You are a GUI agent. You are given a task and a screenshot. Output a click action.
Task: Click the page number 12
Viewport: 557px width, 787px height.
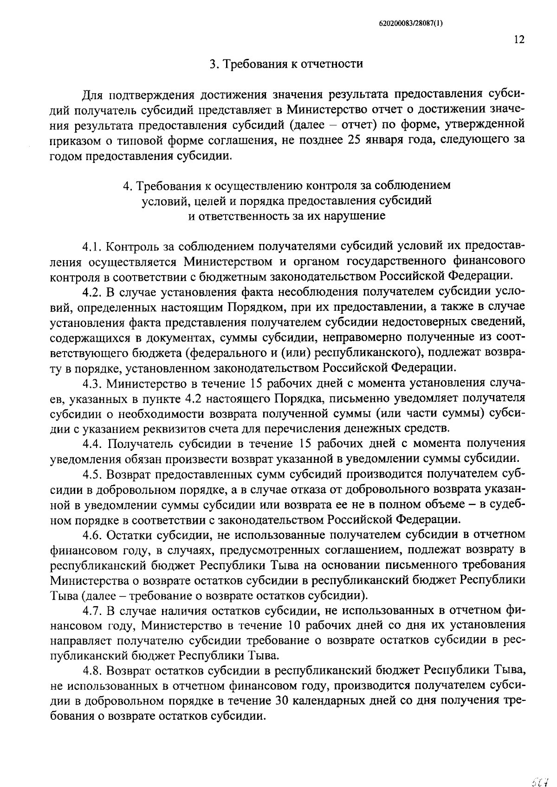pos(519,39)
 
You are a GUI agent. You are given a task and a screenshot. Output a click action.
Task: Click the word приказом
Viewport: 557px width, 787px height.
pos(71,140)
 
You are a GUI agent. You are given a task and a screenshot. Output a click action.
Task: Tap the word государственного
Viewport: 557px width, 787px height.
pos(373,261)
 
